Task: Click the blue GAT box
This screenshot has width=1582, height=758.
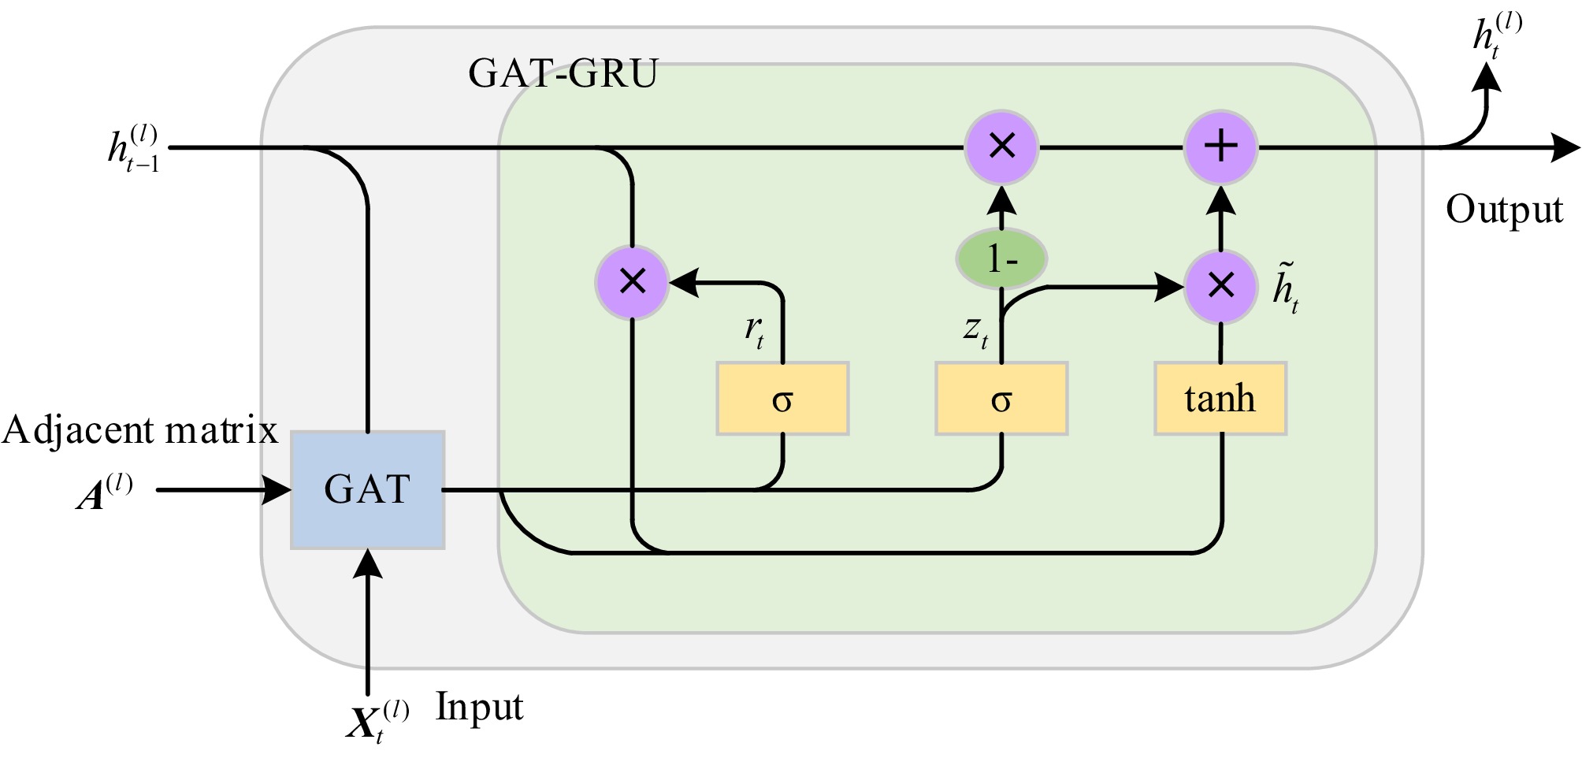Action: pyautogui.click(x=368, y=489)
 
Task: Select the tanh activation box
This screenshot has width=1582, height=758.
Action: pyautogui.click(x=1220, y=399)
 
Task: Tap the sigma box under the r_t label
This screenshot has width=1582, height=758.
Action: pyautogui.click(x=782, y=399)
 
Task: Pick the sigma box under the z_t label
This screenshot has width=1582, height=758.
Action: pyautogui.click(x=1001, y=399)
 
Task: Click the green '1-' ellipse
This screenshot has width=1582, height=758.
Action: pyautogui.click(x=1001, y=258)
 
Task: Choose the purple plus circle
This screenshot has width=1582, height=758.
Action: pyautogui.click(x=1220, y=147)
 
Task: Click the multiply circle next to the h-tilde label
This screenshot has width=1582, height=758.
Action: pyautogui.click(x=1220, y=286)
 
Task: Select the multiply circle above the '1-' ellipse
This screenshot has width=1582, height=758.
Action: pyautogui.click(x=1001, y=147)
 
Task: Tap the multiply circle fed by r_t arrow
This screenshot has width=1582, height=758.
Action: pyautogui.click(x=633, y=282)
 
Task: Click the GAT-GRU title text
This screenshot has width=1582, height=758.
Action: pyautogui.click(x=563, y=74)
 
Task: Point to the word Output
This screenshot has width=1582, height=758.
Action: pyautogui.click(x=1503, y=210)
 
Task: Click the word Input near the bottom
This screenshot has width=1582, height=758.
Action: pyautogui.click(x=479, y=707)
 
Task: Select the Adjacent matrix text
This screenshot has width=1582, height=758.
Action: pyautogui.click(x=139, y=431)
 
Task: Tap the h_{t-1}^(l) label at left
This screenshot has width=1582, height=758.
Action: pyautogui.click(x=134, y=148)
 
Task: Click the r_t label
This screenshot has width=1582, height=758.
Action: pyautogui.click(x=754, y=330)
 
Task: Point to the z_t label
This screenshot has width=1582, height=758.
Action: pyautogui.click(x=975, y=330)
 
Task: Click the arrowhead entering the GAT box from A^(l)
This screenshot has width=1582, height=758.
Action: pyautogui.click(x=277, y=490)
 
